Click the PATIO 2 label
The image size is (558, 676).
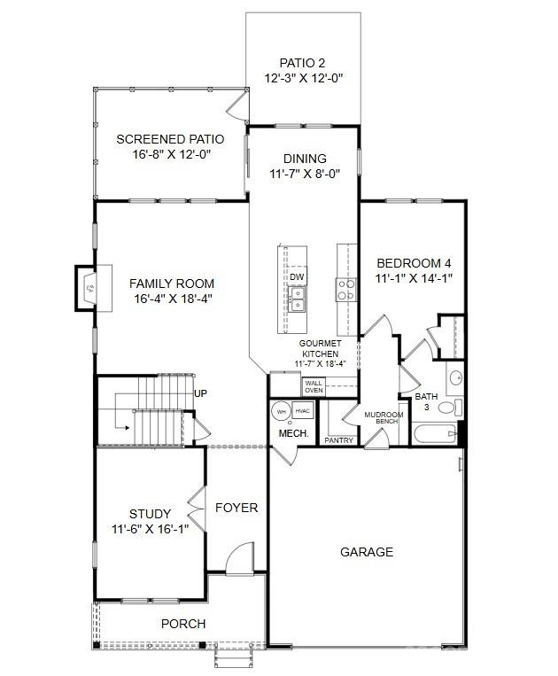pyautogui.click(x=302, y=63)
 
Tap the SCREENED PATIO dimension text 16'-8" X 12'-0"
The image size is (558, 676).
pyautogui.click(x=171, y=154)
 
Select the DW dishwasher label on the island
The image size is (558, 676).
pyautogui.click(x=297, y=277)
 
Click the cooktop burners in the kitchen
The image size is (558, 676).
pyautogui.click(x=346, y=290)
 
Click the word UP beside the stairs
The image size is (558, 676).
pyautogui.click(x=200, y=393)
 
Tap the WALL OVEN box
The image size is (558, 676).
pyautogui.click(x=314, y=386)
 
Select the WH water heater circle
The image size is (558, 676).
pyautogui.click(x=281, y=412)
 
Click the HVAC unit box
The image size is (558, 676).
pyautogui.click(x=303, y=411)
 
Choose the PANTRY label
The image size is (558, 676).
pyautogui.click(x=338, y=440)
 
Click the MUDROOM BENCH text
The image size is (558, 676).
pyautogui.click(x=384, y=417)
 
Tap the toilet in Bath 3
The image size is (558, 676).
pyautogui.click(x=451, y=408)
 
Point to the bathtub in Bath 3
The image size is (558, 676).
pyautogui.click(x=435, y=434)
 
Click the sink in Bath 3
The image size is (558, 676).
pyautogui.click(x=455, y=378)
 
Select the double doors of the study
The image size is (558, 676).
pyautogui.click(x=197, y=509)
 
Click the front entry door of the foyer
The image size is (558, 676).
pyautogui.click(x=239, y=558)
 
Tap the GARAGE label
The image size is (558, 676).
pyautogui.click(x=367, y=552)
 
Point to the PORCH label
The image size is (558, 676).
pyautogui.click(x=183, y=624)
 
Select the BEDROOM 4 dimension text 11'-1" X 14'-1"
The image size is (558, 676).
pyautogui.click(x=414, y=278)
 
